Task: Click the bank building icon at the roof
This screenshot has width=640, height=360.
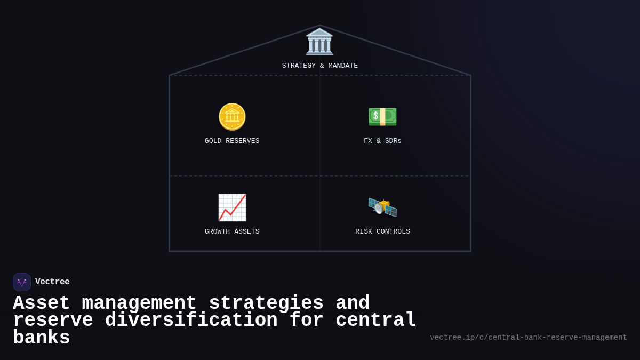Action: [x=319, y=42]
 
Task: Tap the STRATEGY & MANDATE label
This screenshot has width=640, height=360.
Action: [x=319, y=66]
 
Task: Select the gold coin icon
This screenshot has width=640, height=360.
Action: [x=232, y=117]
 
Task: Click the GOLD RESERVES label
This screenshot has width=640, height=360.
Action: [x=232, y=141]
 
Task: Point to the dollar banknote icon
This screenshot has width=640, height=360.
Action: [x=382, y=116]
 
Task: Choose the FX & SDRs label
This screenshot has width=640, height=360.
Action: [x=382, y=141]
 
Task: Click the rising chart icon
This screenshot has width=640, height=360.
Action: [x=232, y=207]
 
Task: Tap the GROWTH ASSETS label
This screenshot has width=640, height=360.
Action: [x=232, y=232]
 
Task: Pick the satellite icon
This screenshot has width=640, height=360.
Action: [x=382, y=207]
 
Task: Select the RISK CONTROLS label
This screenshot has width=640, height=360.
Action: [x=382, y=232]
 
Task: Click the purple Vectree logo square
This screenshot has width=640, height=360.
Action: [x=22, y=282]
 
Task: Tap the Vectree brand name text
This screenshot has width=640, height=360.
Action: [x=52, y=282]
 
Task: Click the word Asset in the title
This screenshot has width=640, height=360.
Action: [x=42, y=303]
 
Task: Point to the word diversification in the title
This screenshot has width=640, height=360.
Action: [x=191, y=321]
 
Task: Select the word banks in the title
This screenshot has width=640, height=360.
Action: [x=42, y=338]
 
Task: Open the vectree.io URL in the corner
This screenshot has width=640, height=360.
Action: [x=528, y=338]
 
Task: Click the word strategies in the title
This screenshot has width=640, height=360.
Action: [x=266, y=303]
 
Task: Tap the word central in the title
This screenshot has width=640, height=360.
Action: [x=376, y=321]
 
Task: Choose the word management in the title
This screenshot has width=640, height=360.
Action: [x=139, y=303]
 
